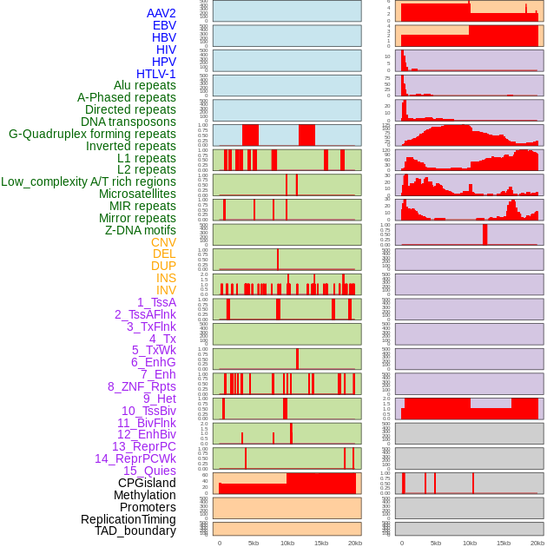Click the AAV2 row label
point(161,13)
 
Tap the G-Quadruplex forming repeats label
point(92,134)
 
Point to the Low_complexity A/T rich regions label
point(89,181)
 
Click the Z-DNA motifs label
point(140,230)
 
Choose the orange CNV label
point(163,242)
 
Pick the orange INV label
point(166,290)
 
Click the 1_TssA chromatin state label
point(156,302)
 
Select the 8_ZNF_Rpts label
point(142,386)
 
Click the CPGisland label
point(147,483)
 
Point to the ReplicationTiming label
point(128,519)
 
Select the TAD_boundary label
point(135,531)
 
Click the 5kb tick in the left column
point(254,543)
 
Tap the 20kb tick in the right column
point(537,543)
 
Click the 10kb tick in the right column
point(470,543)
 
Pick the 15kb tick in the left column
point(321,543)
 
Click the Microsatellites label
point(137,194)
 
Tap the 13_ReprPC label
point(143,446)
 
